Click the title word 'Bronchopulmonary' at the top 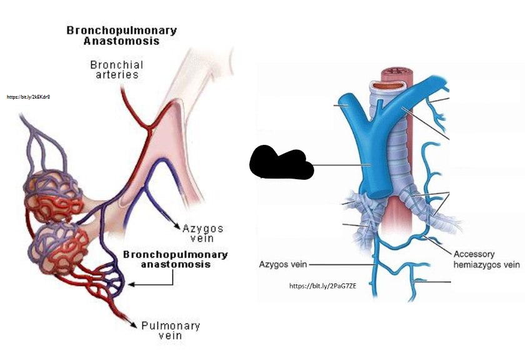122,30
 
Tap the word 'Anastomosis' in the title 121,41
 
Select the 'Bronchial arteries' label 116,69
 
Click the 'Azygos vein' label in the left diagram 203,233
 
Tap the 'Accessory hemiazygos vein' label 486,259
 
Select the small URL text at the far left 28,97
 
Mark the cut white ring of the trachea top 383,86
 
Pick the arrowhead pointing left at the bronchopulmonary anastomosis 133,285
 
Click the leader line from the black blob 337,165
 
